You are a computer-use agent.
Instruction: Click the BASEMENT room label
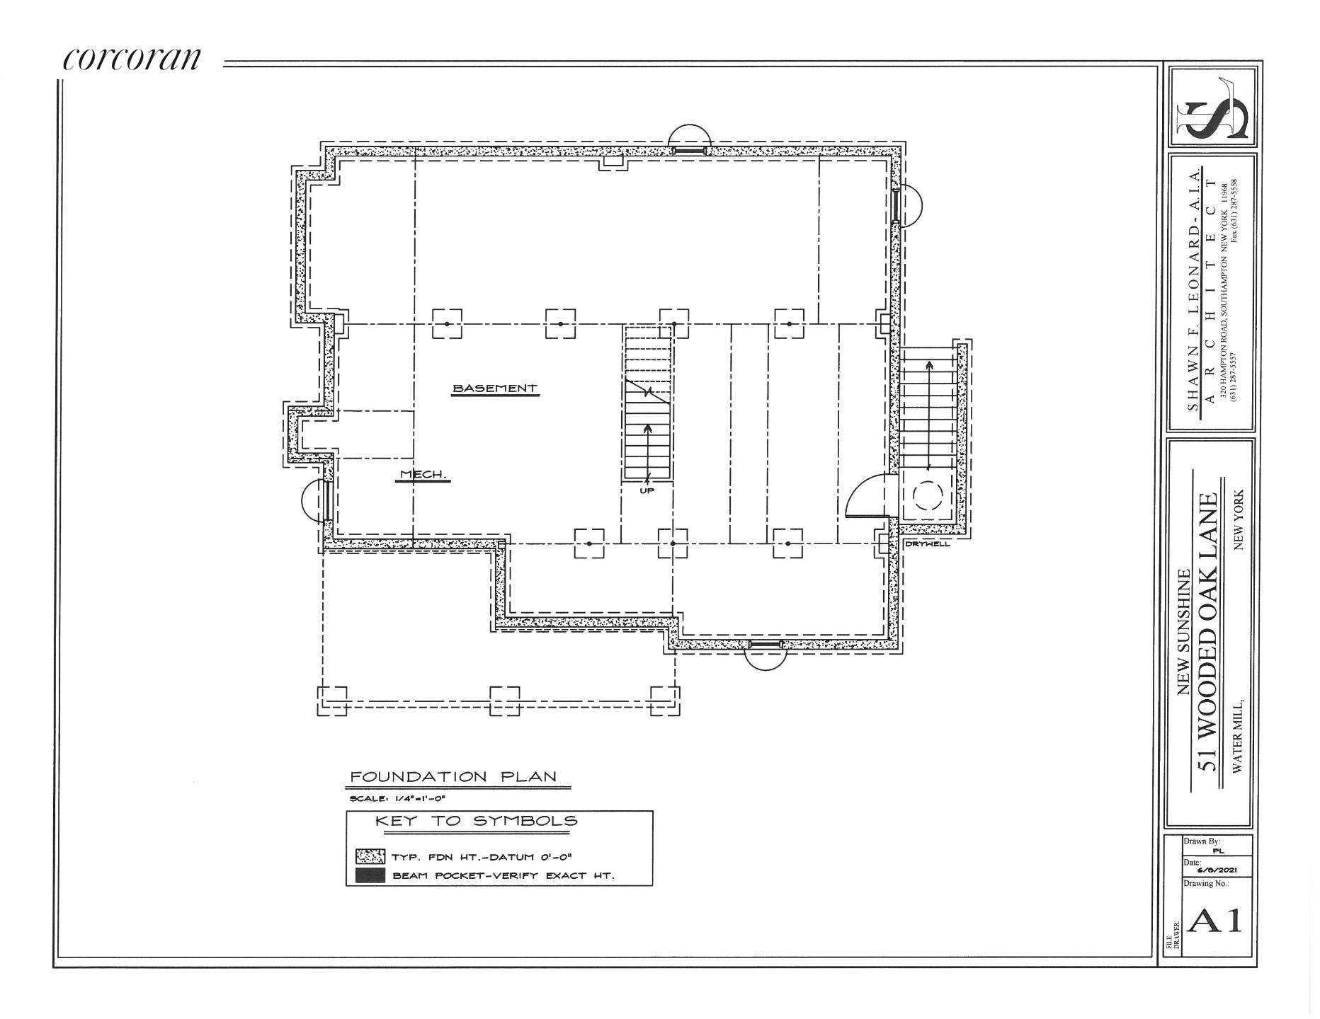(495, 388)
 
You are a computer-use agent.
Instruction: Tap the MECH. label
(423, 475)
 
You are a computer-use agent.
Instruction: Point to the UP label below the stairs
(647, 490)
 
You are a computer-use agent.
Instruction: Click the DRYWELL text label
(928, 544)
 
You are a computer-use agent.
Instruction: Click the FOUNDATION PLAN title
(454, 777)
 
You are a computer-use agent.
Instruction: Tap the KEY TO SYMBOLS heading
(476, 822)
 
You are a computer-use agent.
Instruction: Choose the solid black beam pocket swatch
(370, 876)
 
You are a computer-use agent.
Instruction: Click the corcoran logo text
(132, 59)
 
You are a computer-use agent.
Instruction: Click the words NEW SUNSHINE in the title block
(1183, 633)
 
